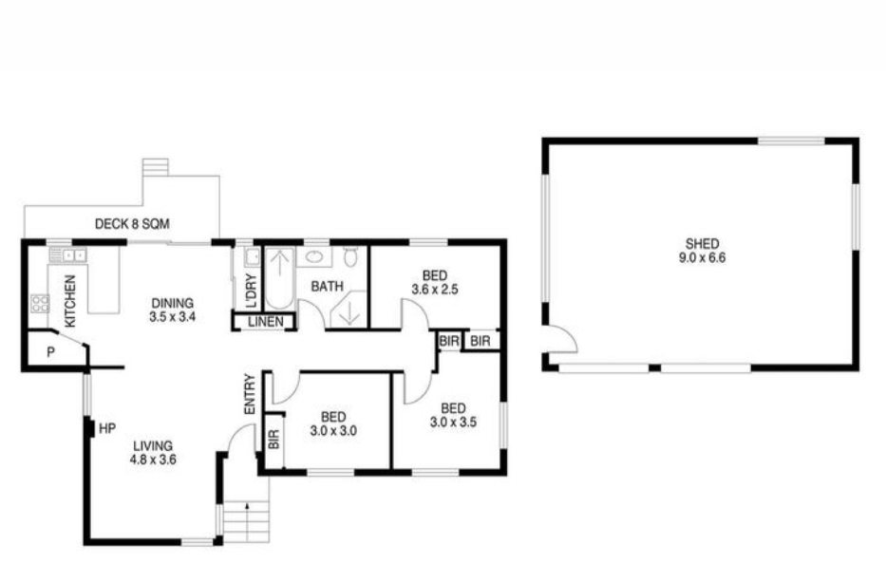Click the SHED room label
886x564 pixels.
point(703,244)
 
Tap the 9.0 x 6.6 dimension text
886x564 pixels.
point(703,258)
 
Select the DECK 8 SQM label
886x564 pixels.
point(132,224)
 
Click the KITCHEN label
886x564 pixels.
point(70,301)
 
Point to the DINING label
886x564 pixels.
point(172,304)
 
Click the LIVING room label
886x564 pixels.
point(153,446)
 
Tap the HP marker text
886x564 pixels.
point(107,429)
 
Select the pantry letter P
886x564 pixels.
point(51,352)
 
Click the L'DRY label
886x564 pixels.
point(252,291)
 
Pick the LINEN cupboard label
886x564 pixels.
point(266,322)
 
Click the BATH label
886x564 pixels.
point(328,287)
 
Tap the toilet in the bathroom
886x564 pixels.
point(350,256)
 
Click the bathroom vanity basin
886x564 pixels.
point(313,256)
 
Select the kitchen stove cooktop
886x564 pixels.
point(40,304)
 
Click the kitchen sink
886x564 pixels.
point(67,255)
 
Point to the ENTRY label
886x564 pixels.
point(250,394)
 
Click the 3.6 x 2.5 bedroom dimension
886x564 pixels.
point(435,290)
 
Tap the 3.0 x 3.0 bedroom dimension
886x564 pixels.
point(333,431)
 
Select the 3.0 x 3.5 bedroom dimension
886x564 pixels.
point(453,422)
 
